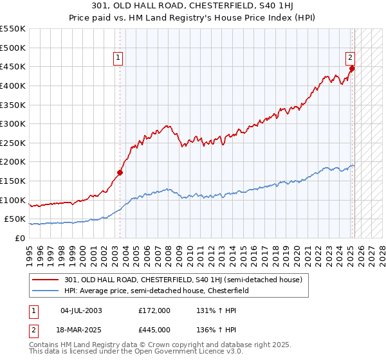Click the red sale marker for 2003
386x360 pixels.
[x=120, y=172]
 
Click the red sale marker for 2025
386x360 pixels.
[x=352, y=68]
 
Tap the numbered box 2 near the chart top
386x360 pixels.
[x=350, y=57]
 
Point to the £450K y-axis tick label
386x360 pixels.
[x=13, y=66]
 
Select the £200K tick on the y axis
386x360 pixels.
[x=13, y=162]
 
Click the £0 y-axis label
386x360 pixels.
[x=19, y=239]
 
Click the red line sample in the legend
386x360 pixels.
[x=46, y=280]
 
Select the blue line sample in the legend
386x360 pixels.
[x=46, y=291]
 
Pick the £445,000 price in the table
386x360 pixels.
[x=155, y=330]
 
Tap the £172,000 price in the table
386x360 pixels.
[x=155, y=310]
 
